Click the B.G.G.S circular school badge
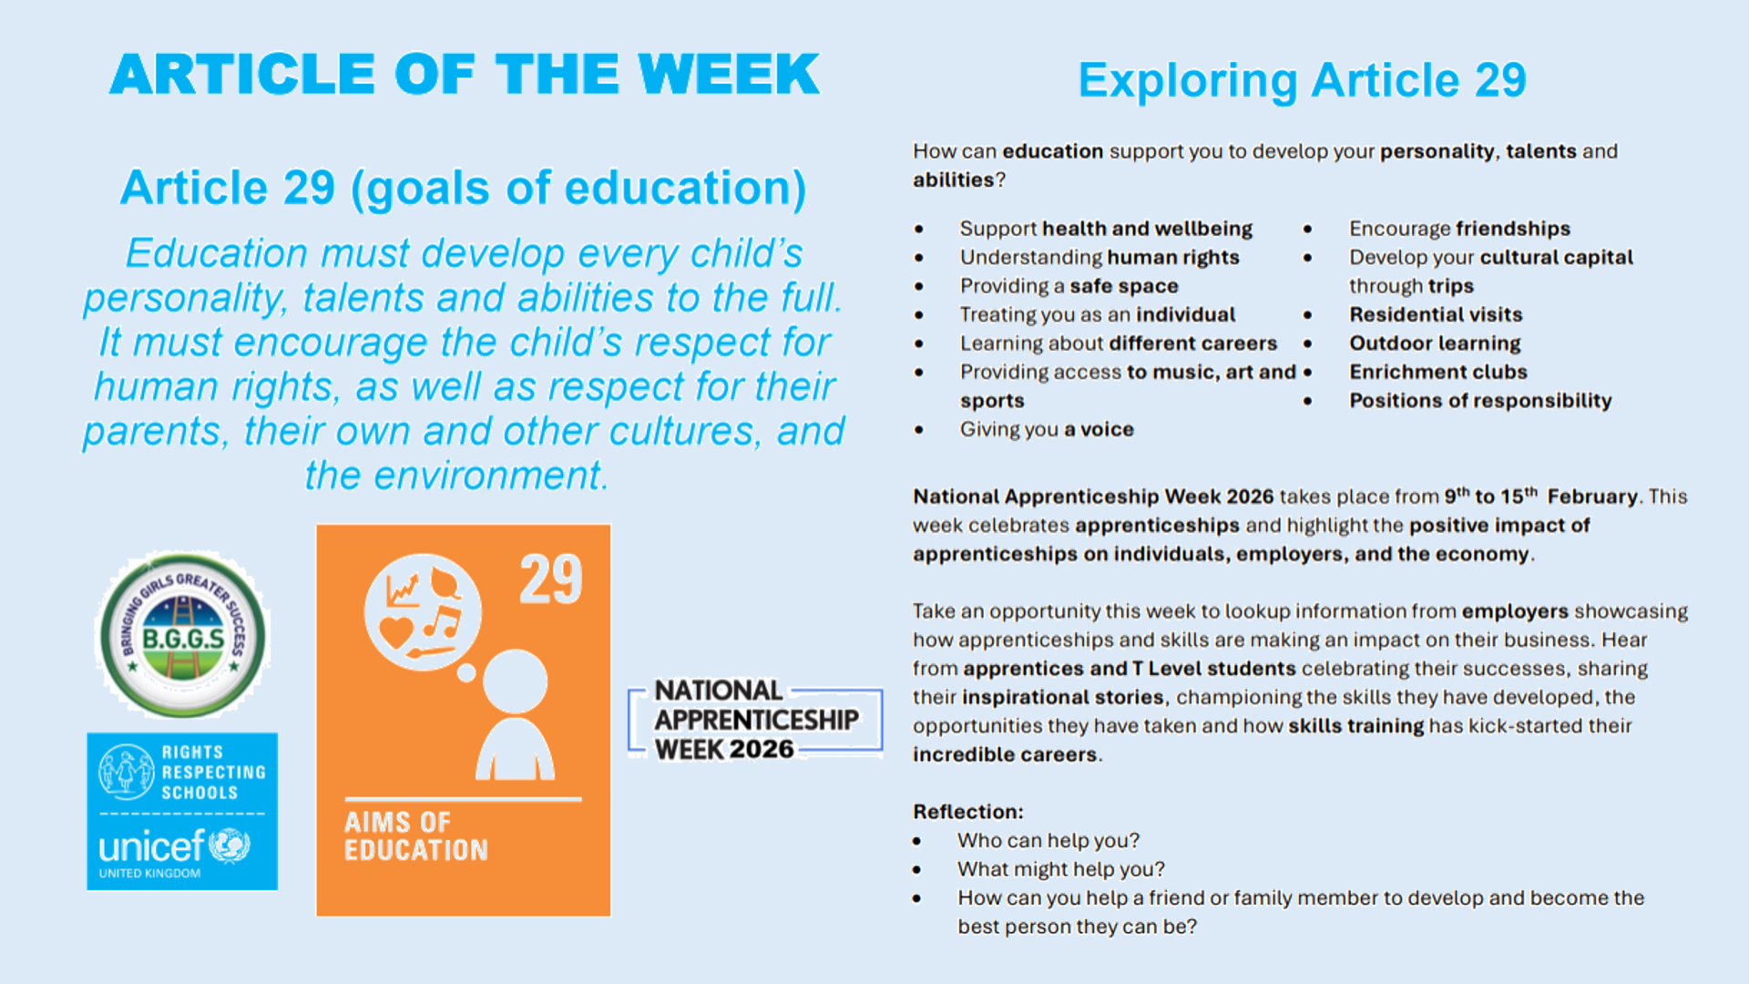coord(182,635)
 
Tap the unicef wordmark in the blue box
coord(152,846)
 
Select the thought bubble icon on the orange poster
coord(423,612)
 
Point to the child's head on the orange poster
coord(516,681)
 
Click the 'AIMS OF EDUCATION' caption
coord(416,836)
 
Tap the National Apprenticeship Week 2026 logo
coord(756,720)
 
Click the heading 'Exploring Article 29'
coord(1302,81)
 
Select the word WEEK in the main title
coord(729,74)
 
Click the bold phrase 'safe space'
coord(1124,286)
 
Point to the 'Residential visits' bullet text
coord(1436,314)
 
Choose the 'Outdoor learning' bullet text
coord(1435,343)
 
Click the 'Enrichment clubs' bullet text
coord(1438,372)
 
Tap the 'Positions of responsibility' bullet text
coord(1480,401)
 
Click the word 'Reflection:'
coord(968,812)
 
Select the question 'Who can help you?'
coord(1048,841)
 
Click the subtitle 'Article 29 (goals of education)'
coord(463,189)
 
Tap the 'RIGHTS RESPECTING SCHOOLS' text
coord(214,773)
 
